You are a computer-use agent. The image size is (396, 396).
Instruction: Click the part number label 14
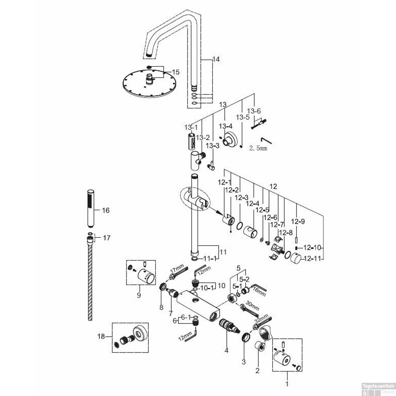click(216, 59)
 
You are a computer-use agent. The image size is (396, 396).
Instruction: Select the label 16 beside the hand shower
click(106, 210)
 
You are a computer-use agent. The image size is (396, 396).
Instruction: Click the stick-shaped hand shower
click(91, 208)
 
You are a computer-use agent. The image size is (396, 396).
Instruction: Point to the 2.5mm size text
click(258, 148)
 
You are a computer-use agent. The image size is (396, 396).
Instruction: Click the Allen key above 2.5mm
click(266, 141)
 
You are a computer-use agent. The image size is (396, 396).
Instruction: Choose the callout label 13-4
click(225, 126)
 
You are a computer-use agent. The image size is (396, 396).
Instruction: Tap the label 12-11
click(312, 258)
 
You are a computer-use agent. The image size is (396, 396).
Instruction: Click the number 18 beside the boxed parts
click(101, 336)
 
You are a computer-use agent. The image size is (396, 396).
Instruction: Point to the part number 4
click(226, 350)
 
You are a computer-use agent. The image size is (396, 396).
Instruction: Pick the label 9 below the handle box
click(139, 295)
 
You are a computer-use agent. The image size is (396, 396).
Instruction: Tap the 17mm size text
click(177, 270)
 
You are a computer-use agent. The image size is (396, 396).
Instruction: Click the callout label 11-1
click(209, 258)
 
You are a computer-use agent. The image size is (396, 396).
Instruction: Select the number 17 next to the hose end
click(106, 238)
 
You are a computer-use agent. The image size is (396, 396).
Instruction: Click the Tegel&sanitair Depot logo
click(378, 389)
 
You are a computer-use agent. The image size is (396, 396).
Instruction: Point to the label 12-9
click(298, 221)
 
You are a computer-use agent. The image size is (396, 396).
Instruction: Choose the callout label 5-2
click(244, 279)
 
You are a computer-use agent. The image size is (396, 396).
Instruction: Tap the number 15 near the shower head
click(176, 72)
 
